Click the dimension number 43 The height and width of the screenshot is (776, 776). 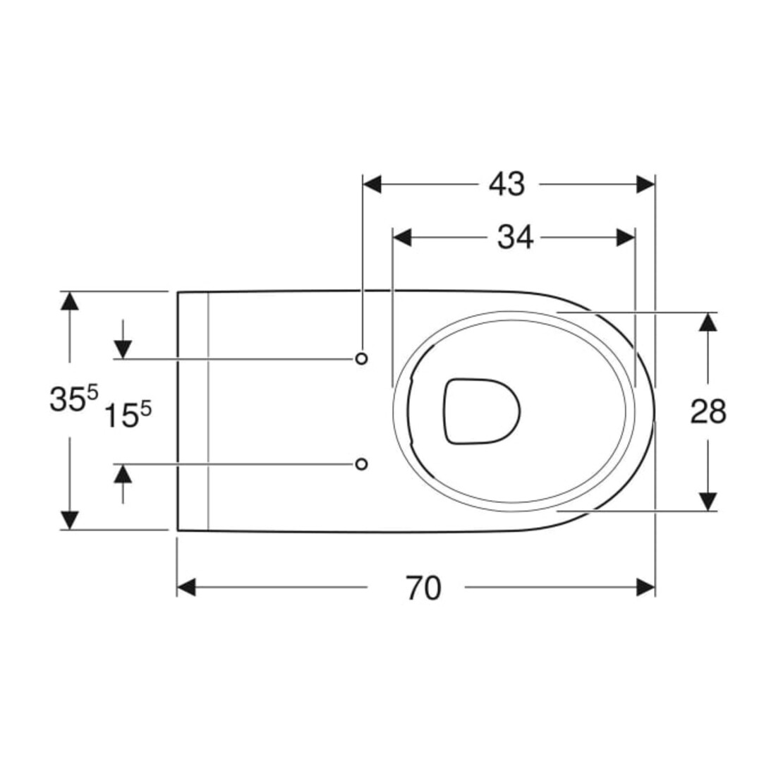pyautogui.click(x=507, y=185)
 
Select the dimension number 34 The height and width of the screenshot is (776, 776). pyautogui.click(x=515, y=238)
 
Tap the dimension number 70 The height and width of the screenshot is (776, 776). pyautogui.click(x=423, y=588)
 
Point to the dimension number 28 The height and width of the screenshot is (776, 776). pyautogui.click(x=708, y=412)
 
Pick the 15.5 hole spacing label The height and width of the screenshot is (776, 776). pyautogui.click(x=127, y=414)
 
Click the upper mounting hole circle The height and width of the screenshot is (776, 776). pyautogui.click(x=362, y=358)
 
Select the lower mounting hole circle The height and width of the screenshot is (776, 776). pyautogui.click(x=362, y=463)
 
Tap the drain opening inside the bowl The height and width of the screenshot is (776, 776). pyautogui.click(x=482, y=411)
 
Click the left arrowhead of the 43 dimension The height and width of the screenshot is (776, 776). pyautogui.click(x=372, y=185)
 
